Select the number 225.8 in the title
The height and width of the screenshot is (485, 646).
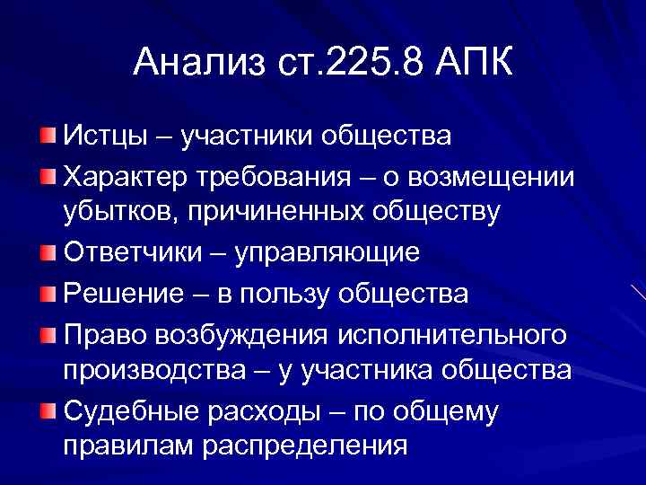click(x=363, y=64)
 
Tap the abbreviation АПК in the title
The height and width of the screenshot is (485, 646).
click(x=472, y=64)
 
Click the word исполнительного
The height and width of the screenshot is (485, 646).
click(x=452, y=333)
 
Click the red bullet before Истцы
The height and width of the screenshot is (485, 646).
click(x=48, y=136)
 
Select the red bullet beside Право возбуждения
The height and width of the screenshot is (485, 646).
click(x=48, y=333)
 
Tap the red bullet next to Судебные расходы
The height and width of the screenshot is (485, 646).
click(x=48, y=410)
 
